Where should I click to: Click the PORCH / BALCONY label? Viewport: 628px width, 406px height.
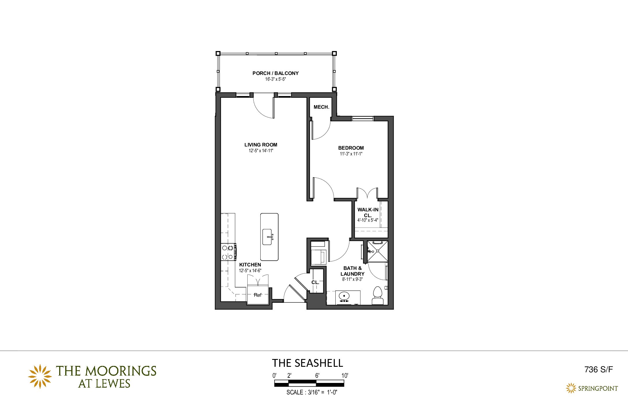[x=275, y=73]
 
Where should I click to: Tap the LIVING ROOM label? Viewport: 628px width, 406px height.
[x=261, y=145]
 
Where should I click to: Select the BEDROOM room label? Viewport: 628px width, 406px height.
[x=351, y=148]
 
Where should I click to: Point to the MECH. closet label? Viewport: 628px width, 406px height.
[x=322, y=107]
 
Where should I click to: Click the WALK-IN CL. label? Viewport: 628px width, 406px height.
[x=368, y=213]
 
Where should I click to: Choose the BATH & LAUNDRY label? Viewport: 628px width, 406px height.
[x=352, y=271]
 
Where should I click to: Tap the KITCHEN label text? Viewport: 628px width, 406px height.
[x=250, y=265]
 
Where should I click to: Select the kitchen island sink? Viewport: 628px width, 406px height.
[x=267, y=237]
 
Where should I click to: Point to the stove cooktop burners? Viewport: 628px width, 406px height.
[x=228, y=252]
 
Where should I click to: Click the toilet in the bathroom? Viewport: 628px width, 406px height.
[x=377, y=296]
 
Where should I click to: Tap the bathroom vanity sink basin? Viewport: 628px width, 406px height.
[x=344, y=296]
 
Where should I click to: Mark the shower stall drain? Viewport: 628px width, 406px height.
[x=377, y=251]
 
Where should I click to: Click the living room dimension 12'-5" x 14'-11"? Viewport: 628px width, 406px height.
[x=261, y=151]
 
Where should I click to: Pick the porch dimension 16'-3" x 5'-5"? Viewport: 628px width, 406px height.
[x=276, y=79]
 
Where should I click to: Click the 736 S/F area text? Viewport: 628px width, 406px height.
[x=599, y=369]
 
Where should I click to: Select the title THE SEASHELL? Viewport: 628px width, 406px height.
[x=308, y=363]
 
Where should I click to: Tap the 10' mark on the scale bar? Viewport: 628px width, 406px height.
[x=345, y=375]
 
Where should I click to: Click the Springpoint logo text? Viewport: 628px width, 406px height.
[x=598, y=388]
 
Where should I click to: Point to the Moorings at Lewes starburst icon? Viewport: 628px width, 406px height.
[x=40, y=376]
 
